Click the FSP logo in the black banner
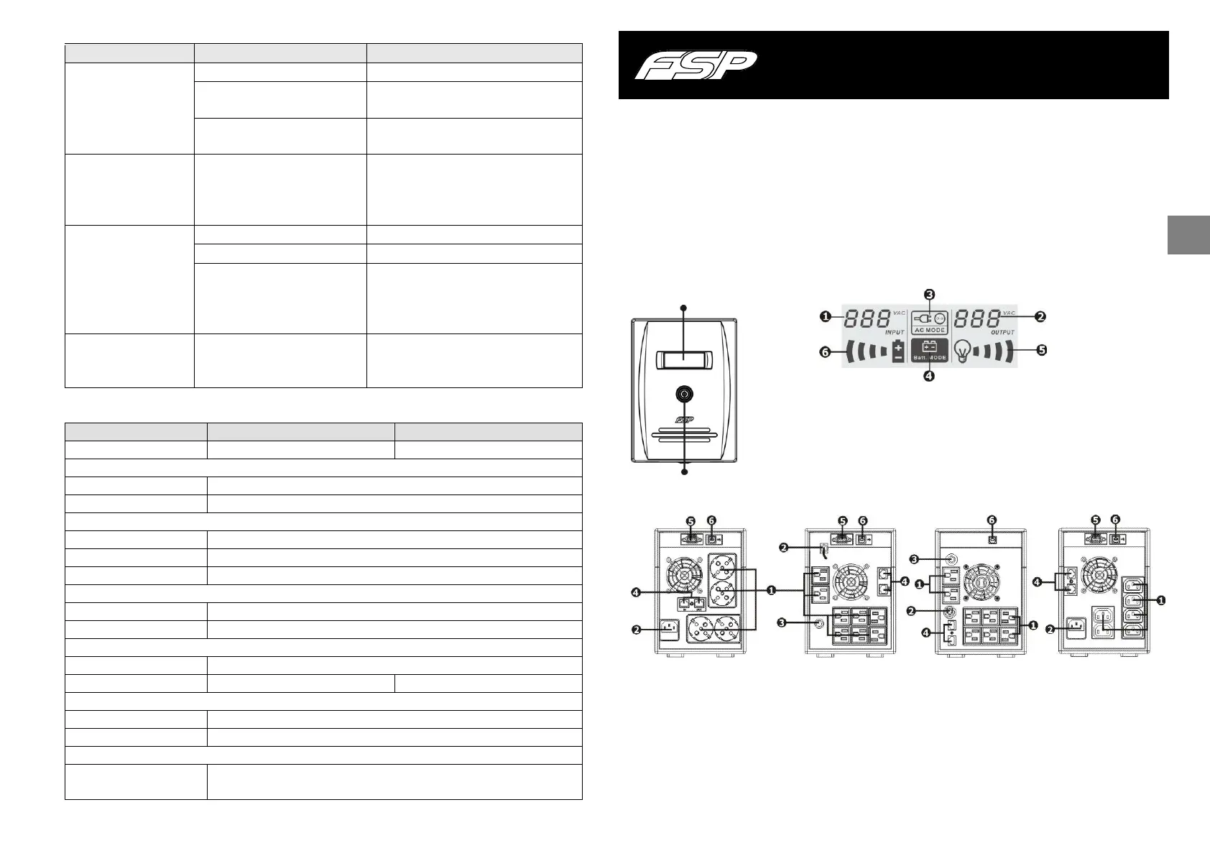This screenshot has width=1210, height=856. coord(695,66)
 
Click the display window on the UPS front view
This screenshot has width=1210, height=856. coord(684,359)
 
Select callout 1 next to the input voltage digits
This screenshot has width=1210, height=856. coord(827,316)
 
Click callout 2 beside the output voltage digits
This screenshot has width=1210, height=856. coord(1040,316)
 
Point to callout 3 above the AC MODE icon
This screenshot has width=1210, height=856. coord(929,295)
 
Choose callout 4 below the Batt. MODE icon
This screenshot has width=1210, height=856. coord(929,375)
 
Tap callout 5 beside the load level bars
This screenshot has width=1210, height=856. coord(1041,351)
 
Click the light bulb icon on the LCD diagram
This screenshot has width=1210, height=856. coord(966,351)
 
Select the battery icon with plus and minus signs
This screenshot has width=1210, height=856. coord(898,351)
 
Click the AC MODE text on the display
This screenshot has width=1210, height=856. coord(930,330)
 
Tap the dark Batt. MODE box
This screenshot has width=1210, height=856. coord(930,350)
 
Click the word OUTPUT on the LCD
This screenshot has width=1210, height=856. coord(1002,332)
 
